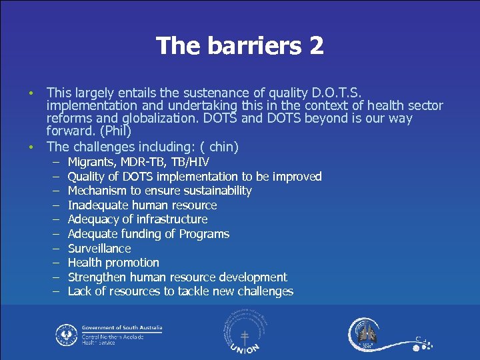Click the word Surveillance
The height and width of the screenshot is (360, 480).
[99, 249]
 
